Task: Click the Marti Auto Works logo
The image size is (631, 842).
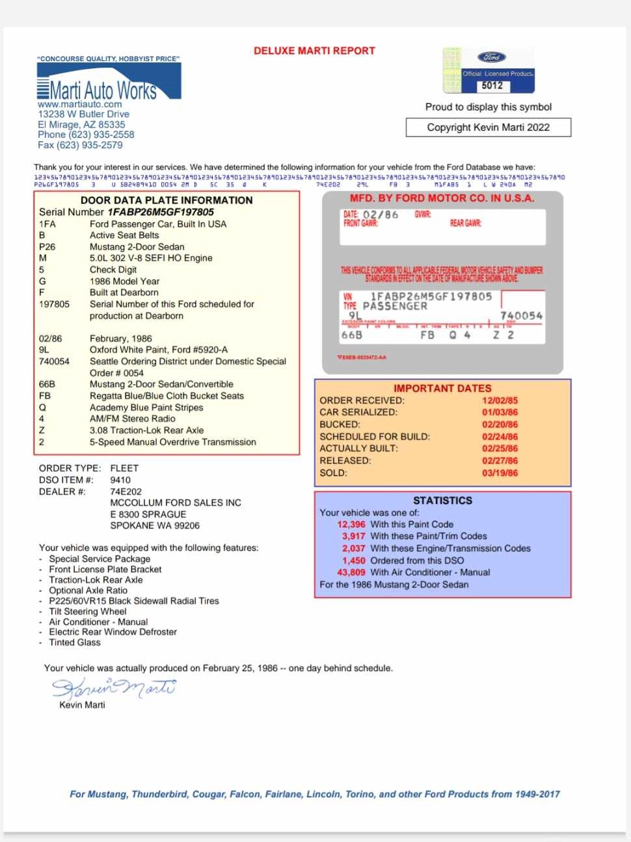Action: pos(108,85)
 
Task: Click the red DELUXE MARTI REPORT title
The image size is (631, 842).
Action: pos(314,51)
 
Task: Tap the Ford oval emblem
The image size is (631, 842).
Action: pos(492,57)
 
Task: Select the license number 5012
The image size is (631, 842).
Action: pos(492,85)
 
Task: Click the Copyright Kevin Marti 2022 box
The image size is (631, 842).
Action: pos(488,127)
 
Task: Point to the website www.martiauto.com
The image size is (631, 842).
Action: pos(80,104)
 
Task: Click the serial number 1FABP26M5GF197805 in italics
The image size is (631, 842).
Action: pos(161,212)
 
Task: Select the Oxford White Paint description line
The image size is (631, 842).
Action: pos(158,350)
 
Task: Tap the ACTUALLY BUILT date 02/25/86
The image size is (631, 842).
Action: pos(500,449)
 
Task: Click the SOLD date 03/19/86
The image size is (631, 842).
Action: pos(500,473)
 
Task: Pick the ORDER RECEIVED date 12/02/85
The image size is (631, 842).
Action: pos(500,401)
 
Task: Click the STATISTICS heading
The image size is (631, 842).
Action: pos(442,501)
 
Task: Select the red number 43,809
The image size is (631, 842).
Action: pos(351,573)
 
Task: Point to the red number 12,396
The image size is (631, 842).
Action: pos(351,525)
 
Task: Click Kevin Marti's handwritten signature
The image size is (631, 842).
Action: pos(114,688)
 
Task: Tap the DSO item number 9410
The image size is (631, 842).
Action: pos(120,480)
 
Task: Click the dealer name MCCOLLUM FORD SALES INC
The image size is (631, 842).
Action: pos(176,503)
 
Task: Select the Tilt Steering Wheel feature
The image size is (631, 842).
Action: pos(88,612)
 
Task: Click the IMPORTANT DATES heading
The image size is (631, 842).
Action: pos(442,388)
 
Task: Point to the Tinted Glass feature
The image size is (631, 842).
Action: pos(75,643)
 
